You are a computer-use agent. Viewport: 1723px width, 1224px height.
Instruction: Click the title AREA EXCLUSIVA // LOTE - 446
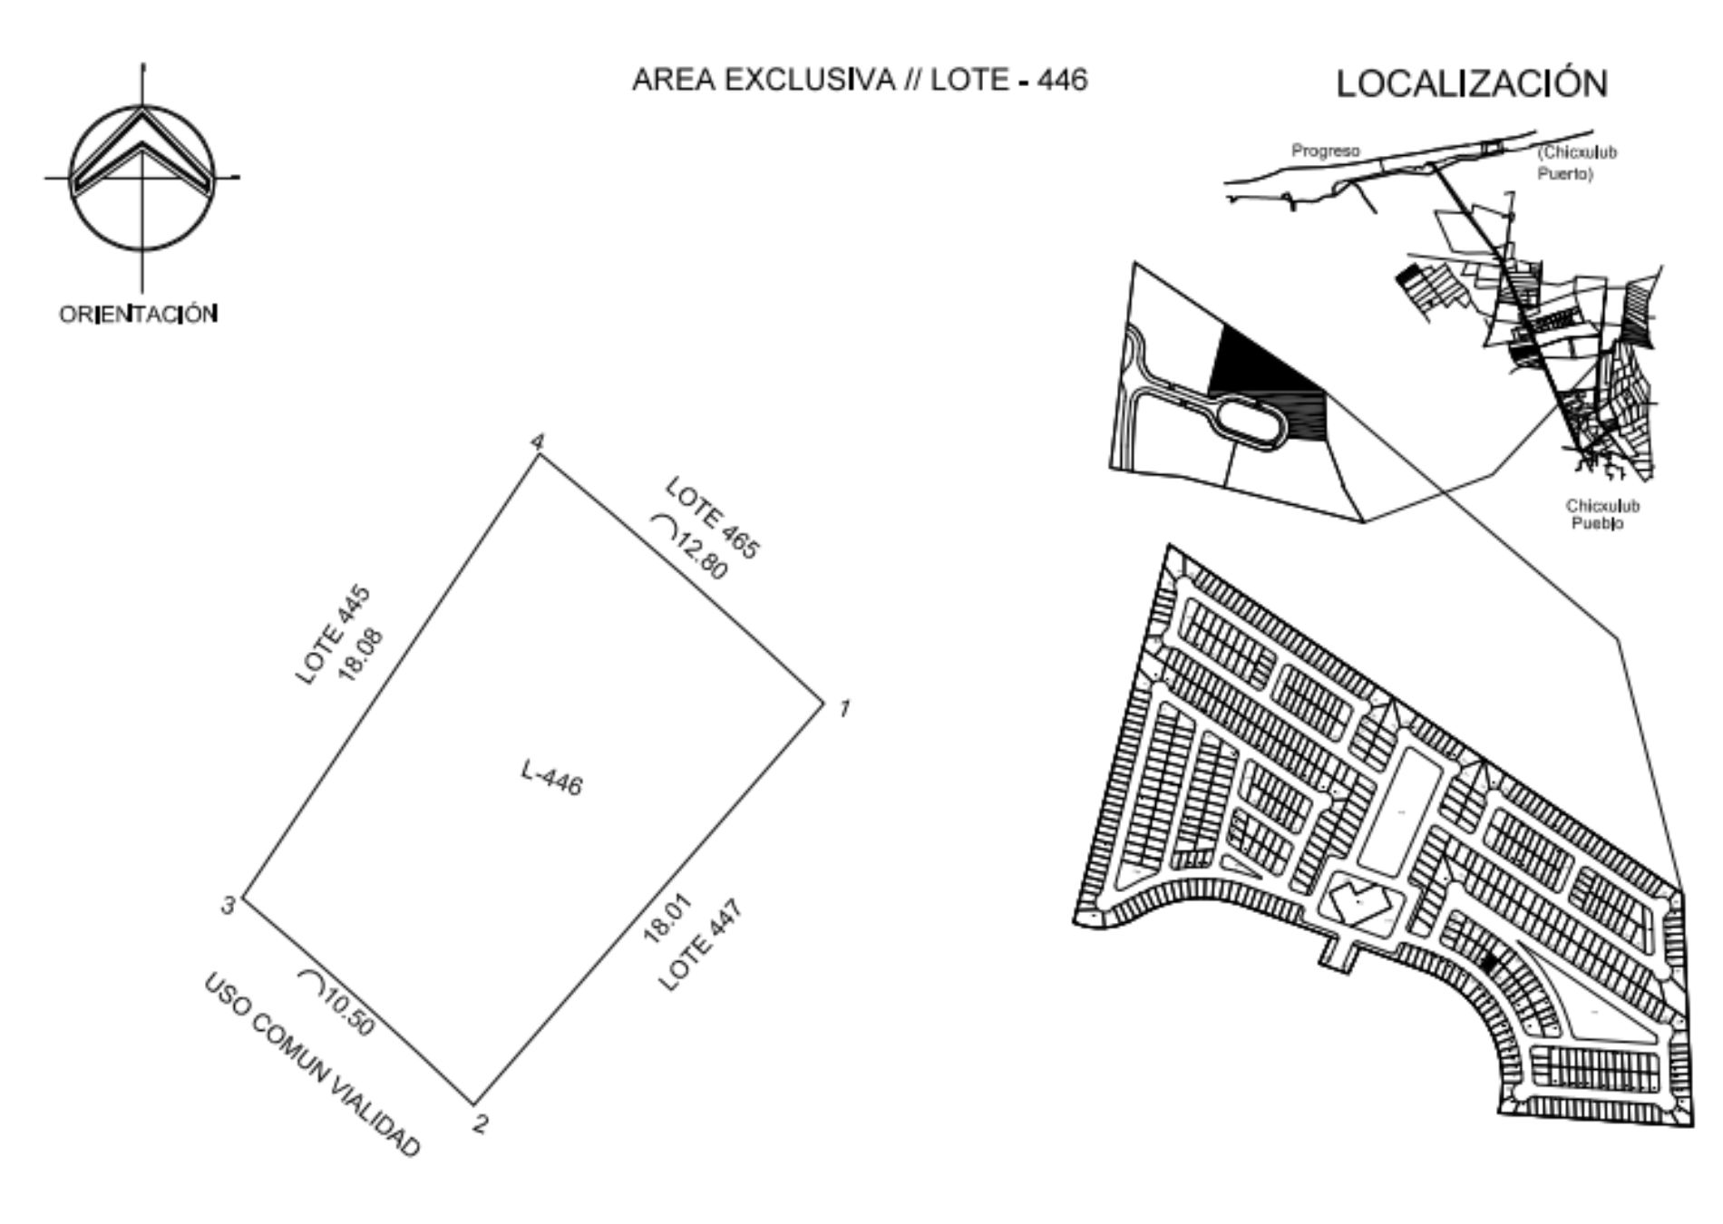[860, 80]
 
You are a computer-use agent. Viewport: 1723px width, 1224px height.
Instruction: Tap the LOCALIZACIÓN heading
[1472, 83]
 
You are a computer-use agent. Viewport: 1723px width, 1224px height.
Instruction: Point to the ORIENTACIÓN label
[139, 314]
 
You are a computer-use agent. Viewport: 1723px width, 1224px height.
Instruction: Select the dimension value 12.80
[700, 553]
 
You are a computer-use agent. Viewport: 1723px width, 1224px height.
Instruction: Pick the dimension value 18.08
[361, 652]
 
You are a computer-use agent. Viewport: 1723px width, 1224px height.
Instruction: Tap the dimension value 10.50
[347, 1013]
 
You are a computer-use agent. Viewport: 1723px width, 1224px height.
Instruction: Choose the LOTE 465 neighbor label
[712, 518]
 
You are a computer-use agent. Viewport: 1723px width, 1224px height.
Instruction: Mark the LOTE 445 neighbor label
[334, 636]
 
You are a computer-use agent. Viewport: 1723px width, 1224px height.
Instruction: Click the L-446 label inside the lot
[551, 778]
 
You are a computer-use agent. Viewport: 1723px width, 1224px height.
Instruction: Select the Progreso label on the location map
[1326, 151]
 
